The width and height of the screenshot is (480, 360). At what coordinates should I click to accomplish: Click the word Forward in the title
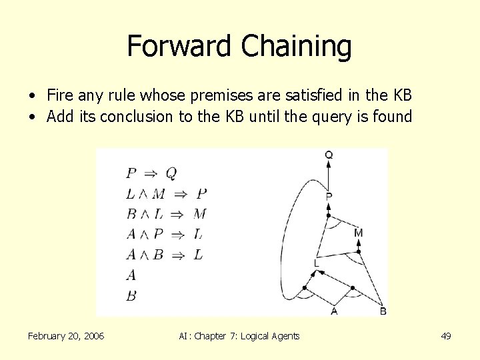click(180, 46)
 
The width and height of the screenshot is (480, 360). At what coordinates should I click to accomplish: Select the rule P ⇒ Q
click(151, 173)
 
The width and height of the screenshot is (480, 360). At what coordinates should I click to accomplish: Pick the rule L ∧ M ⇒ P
click(167, 194)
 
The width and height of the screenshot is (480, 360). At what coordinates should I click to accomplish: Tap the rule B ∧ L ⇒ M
click(166, 214)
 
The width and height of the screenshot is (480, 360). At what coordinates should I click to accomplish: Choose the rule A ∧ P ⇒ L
click(165, 234)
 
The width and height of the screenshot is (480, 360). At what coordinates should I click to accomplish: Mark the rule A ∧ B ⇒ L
click(165, 255)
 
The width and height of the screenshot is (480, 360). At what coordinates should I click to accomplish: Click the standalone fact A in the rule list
click(131, 275)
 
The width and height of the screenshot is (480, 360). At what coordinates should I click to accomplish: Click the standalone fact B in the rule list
click(131, 295)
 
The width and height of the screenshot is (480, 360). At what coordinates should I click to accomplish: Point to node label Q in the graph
click(329, 155)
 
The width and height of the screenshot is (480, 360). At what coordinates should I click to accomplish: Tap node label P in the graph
click(329, 197)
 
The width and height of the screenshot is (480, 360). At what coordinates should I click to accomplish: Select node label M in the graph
click(359, 233)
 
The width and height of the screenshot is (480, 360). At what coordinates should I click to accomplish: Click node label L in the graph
click(317, 264)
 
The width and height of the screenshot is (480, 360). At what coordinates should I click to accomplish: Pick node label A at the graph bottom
click(334, 311)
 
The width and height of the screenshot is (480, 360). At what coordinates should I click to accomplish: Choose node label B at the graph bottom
click(383, 311)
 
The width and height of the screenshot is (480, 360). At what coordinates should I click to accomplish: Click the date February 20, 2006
click(66, 336)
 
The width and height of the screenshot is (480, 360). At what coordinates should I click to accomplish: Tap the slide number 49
click(446, 336)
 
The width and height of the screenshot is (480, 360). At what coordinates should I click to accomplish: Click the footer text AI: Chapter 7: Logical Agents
click(239, 336)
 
